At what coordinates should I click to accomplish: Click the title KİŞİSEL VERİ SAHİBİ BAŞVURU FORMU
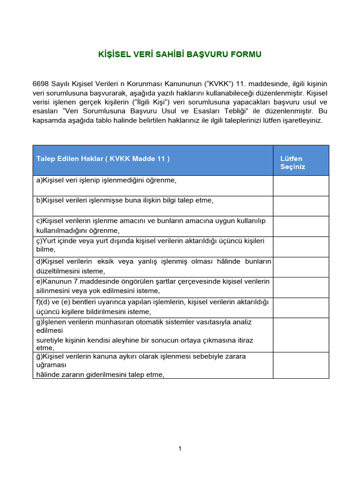(180, 54)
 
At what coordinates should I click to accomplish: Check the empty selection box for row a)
(300, 186)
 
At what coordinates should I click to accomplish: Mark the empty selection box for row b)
(300, 206)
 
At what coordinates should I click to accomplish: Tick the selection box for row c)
(300, 226)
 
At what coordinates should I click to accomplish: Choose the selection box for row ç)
(300, 247)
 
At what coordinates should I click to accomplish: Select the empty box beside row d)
(300, 267)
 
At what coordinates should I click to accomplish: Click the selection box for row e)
(300, 287)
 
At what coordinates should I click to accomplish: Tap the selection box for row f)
(300, 307)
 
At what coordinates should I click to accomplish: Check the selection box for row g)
(300, 335)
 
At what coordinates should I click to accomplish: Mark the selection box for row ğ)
(300, 365)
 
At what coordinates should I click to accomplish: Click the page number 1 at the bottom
(180, 449)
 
